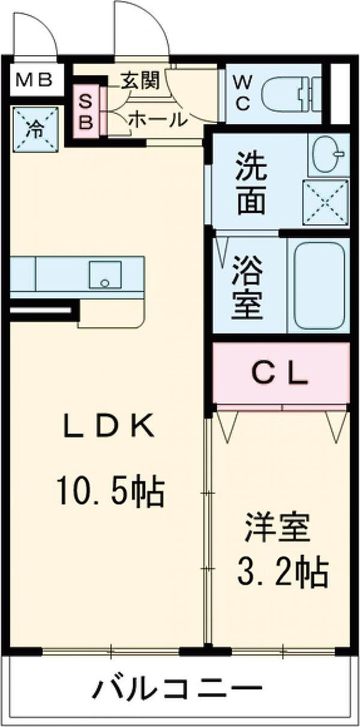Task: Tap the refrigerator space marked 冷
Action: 35,130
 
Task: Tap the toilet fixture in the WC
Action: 291,94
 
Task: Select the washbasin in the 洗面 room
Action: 328,155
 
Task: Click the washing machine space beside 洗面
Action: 326,203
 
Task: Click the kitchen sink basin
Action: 105,275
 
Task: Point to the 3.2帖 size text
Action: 282,574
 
